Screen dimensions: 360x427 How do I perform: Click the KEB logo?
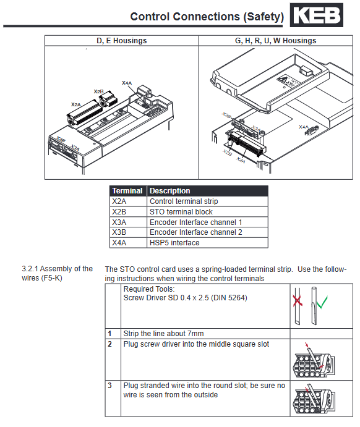click(316, 15)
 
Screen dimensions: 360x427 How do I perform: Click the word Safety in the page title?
click(264, 17)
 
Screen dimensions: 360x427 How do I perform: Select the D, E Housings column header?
click(121, 41)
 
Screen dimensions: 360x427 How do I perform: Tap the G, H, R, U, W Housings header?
click(275, 41)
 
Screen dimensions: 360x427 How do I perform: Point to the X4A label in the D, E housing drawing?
click(127, 83)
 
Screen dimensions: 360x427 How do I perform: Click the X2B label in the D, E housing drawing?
click(98, 91)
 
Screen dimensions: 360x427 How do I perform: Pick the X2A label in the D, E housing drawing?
click(76, 104)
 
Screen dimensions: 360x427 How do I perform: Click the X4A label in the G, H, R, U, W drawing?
click(304, 127)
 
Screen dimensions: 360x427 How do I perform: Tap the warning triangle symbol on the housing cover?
click(283, 80)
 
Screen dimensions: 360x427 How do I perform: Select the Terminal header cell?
click(127, 191)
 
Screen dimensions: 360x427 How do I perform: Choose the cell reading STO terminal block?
click(181, 212)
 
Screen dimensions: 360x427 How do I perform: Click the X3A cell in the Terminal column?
click(119, 222)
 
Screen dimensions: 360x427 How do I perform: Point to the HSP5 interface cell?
click(174, 243)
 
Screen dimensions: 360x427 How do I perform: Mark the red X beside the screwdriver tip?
click(298, 301)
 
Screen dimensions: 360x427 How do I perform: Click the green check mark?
click(322, 302)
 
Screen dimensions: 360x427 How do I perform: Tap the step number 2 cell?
click(109, 344)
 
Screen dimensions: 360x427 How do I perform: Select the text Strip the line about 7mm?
click(163, 334)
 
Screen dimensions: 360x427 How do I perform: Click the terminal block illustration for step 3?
click(314, 399)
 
